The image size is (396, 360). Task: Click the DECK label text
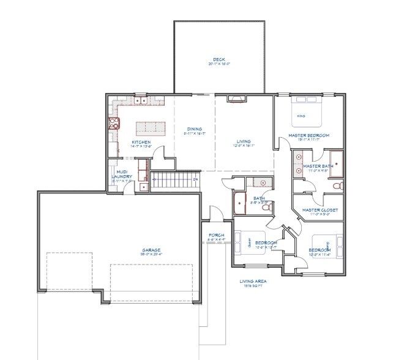coord(219,59)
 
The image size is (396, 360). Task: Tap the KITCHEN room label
coord(141,143)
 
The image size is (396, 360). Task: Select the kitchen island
coord(151,127)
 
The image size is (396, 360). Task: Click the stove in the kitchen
coord(114,123)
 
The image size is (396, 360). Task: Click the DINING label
coord(195,129)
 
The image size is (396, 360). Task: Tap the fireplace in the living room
coord(234,98)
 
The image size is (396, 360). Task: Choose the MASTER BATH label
coord(317,166)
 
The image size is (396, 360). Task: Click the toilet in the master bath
coord(335,185)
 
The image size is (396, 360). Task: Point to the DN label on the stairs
coord(195,179)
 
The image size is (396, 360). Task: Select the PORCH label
coord(216,234)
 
